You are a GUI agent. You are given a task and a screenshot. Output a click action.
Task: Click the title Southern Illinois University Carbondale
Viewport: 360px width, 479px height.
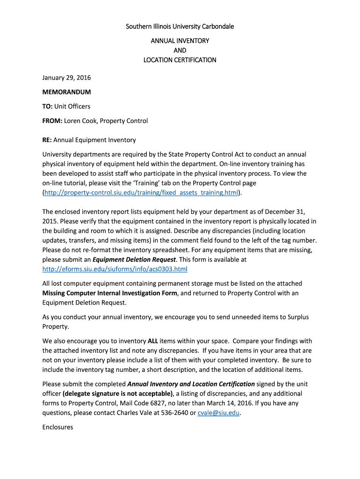(180, 26)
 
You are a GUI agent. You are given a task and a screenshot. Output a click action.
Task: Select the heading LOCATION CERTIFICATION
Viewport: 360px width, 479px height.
(180, 60)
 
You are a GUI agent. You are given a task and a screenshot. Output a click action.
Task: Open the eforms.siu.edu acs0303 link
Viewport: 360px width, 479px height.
(115, 269)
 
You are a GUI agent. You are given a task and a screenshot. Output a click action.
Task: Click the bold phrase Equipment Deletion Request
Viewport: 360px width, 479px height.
(134, 259)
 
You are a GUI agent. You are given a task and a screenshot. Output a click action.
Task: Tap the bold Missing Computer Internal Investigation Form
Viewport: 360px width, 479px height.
(110, 293)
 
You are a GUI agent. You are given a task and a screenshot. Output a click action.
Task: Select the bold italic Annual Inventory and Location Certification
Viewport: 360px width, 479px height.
(191, 384)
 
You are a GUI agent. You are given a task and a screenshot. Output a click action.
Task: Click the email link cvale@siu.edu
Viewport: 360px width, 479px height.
(218, 413)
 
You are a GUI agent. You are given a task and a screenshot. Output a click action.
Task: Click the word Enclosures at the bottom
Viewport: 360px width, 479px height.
(58, 427)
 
